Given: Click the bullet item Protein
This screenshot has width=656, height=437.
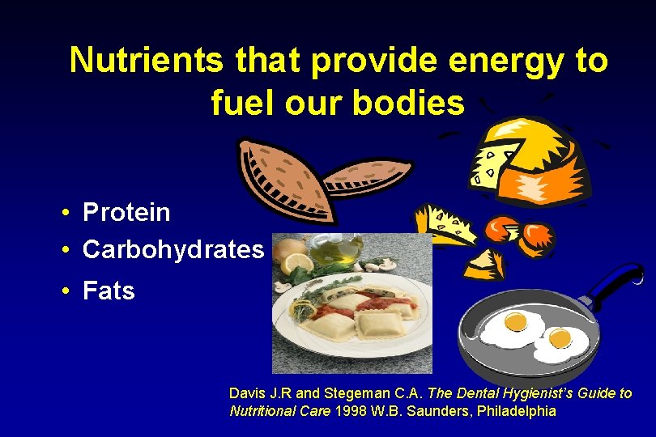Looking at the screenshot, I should (x=126, y=213).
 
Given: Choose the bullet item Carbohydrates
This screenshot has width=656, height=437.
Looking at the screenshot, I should (x=173, y=250).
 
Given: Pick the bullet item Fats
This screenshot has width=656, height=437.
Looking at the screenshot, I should (x=109, y=291).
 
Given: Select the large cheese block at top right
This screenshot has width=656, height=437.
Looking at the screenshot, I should (x=535, y=158).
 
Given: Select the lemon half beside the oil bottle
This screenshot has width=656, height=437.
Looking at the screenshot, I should (x=300, y=263).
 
